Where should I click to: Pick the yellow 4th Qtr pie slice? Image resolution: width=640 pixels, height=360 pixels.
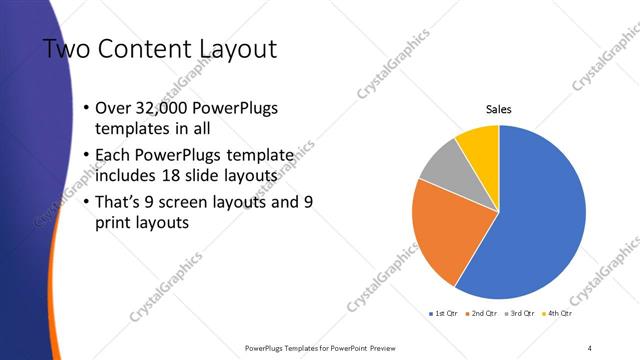[478, 142]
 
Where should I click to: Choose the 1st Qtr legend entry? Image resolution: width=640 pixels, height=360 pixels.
[443, 314]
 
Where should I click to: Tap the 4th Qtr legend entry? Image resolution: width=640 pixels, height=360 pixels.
[556, 314]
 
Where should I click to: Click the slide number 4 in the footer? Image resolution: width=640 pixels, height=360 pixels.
[590, 347]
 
